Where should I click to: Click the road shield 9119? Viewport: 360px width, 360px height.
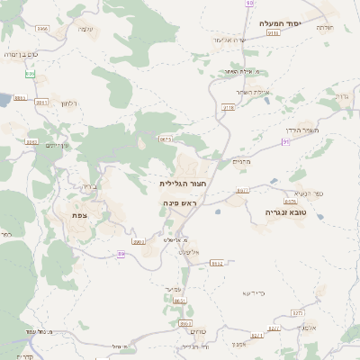coord(273,32)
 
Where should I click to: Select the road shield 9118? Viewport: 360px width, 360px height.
coord(228,106)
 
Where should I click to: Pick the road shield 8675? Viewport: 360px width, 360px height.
coord(166,139)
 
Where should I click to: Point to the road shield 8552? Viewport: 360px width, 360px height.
coord(216,263)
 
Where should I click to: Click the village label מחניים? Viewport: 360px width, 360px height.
coord(240,161)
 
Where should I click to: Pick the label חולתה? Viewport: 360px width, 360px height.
coord(326,28)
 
